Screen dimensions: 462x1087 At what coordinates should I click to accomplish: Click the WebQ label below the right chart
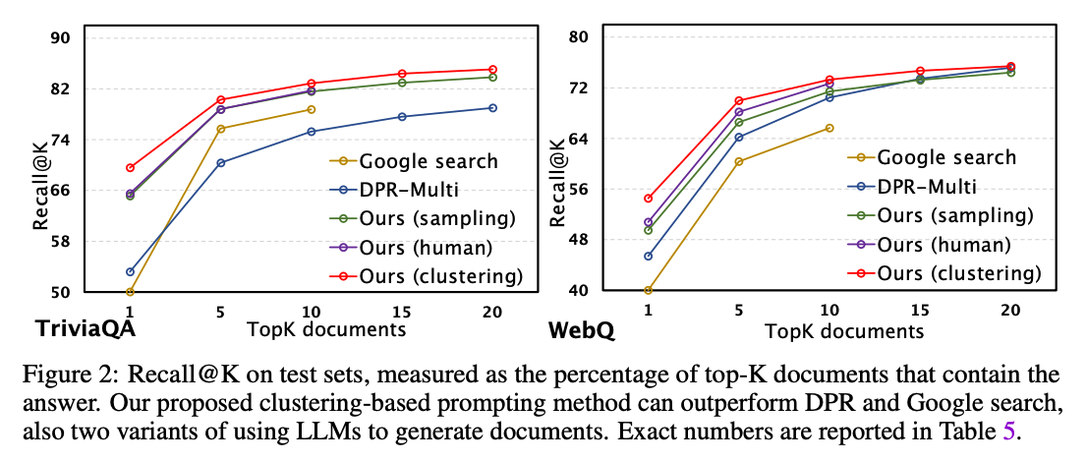(581, 329)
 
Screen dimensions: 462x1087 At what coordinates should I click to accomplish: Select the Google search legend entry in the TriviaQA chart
(429, 161)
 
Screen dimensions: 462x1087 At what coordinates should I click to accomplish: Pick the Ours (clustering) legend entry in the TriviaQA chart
(441, 274)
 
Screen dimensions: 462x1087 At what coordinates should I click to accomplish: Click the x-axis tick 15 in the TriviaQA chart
(401, 311)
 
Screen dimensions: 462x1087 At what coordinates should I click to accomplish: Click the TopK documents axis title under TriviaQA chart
(326, 329)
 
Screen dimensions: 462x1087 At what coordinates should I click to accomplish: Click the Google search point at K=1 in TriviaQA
(130, 292)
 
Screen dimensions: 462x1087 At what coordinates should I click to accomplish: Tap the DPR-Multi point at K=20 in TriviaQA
(492, 108)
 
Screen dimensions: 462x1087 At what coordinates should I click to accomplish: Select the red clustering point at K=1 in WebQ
(648, 199)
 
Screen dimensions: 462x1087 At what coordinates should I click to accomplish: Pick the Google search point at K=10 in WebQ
(830, 128)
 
